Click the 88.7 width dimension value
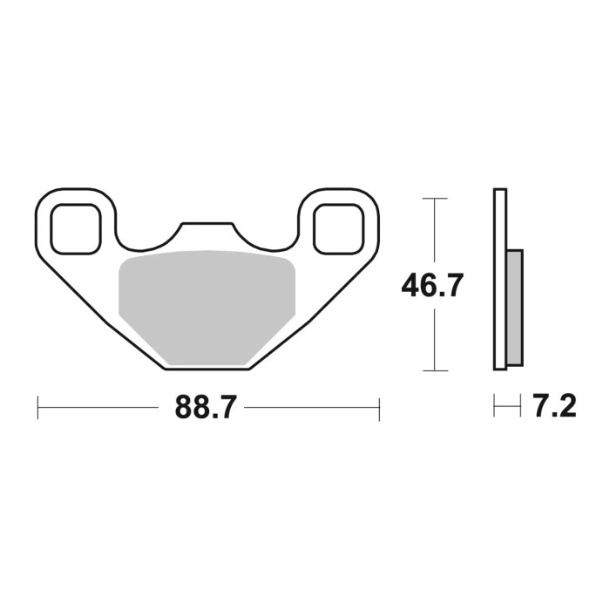pos(206,407)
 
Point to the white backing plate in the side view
pos(499,279)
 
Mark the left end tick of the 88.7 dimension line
pos(38,408)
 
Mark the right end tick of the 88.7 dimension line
pos(379,408)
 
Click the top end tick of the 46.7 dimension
pos(434,199)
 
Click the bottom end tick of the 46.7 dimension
pos(434,370)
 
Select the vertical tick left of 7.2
pos(495,407)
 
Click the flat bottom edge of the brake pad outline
pos(207,369)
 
